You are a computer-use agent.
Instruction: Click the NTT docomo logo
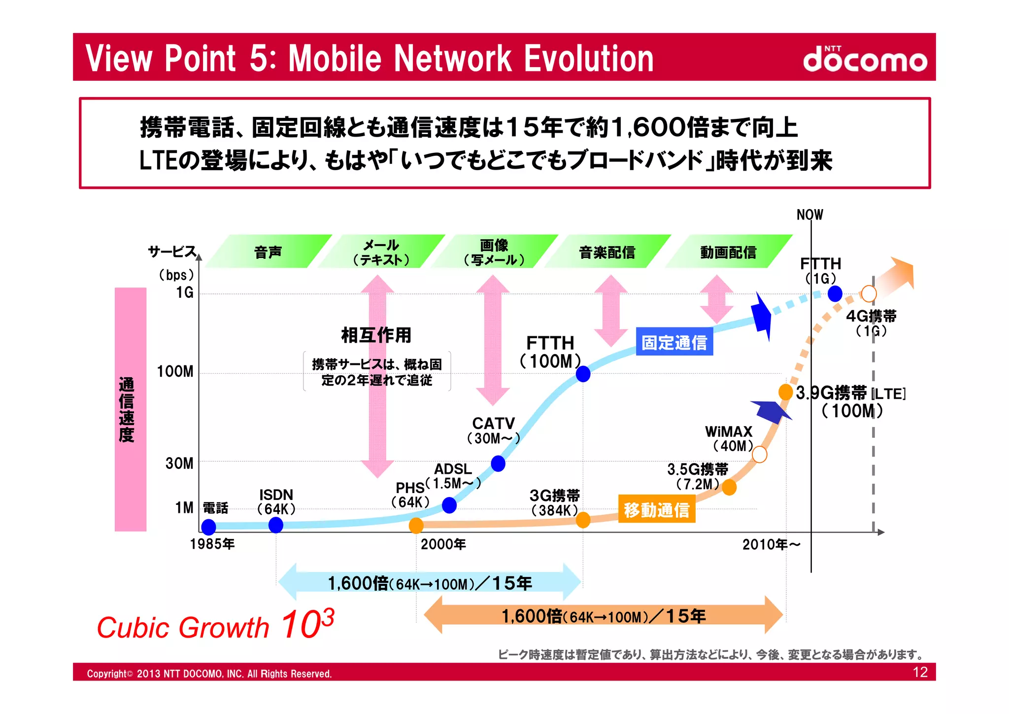coord(865,59)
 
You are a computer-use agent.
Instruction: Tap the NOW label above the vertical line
coord(809,214)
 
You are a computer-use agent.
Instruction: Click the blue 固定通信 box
coord(674,342)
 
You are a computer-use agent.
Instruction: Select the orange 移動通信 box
coord(656,509)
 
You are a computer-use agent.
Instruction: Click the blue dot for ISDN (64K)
coord(276,525)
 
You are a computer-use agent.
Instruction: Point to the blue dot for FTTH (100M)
coord(583,374)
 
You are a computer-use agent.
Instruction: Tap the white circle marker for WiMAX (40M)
coord(760,454)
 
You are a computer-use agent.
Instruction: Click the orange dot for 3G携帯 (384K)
coord(583,520)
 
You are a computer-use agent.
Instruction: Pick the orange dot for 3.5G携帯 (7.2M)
coord(729,487)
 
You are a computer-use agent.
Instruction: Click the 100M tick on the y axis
coord(175,372)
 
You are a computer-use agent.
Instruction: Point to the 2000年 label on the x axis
coord(443,544)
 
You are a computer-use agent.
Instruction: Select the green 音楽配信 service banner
coord(607,252)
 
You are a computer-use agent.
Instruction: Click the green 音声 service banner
coord(268,252)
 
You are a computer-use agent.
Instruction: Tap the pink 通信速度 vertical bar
coord(131,409)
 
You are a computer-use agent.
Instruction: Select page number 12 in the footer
coord(920,673)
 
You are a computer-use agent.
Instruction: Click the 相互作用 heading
coord(376,335)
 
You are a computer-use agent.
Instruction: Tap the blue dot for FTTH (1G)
coord(835,294)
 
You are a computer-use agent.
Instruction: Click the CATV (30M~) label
coord(493,430)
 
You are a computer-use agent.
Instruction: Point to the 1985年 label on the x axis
coord(212,544)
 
